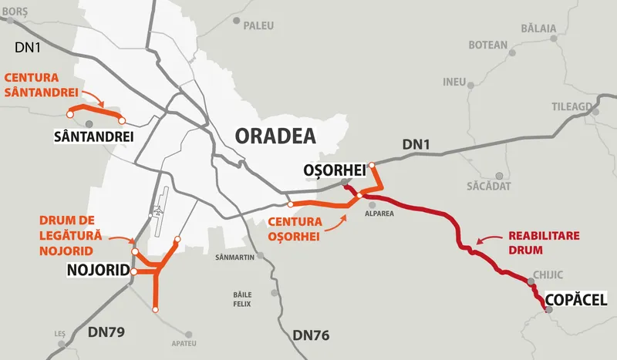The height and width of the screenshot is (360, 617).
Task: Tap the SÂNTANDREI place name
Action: (93, 136)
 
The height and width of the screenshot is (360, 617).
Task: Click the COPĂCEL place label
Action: (575, 299)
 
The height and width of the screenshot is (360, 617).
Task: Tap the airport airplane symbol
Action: (159, 210)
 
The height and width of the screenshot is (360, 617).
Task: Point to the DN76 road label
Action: (312, 335)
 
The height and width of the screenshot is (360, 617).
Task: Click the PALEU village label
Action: (258, 25)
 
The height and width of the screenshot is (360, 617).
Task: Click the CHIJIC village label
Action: (548, 274)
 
